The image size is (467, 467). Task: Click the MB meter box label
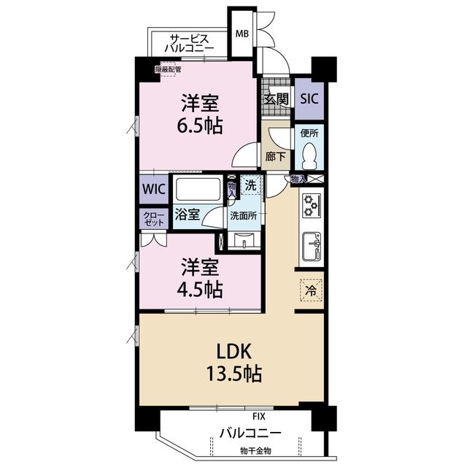coord(242,34)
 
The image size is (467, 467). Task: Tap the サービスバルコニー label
coord(189,44)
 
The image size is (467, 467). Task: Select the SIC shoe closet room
coord(309,99)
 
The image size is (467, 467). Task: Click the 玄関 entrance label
coord(277,99)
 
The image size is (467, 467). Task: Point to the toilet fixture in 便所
coord(309,155)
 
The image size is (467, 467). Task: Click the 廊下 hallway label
coord(276,156)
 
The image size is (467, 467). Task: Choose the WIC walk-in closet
coord(154,189)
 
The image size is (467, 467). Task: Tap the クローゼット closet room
coord(154,219)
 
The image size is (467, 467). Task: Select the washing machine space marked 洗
coord(251,185)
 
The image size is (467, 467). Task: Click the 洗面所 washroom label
coord(243,216)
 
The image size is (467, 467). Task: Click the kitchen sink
coord(312,246)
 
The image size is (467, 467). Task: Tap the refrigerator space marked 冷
coord(311,290)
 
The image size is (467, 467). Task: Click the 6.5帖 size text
coord(200,126)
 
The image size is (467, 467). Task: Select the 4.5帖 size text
coord(200,290)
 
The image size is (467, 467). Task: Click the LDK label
coord(234,351)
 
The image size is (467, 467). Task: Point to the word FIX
coord(258,417)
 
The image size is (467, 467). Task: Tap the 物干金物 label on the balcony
coord(255,451)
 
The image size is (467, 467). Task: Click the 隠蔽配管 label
coord(169,70)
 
